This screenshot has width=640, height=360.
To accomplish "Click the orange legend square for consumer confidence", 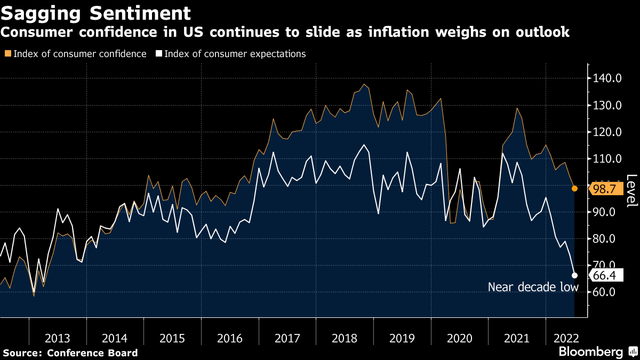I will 7,54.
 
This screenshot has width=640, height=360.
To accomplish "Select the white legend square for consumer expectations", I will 158,54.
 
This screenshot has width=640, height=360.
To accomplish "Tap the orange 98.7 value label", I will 605,189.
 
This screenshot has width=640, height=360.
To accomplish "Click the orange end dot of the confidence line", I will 574,188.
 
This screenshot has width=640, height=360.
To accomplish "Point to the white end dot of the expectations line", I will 574,275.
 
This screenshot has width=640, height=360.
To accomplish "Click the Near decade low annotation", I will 533,287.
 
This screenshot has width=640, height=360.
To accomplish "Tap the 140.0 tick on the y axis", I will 607,79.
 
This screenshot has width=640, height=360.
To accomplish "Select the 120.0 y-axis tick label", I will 607,132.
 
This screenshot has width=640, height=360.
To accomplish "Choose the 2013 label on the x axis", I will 58,338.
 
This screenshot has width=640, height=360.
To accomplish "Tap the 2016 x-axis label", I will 230,338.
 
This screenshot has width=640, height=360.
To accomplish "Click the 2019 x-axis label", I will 402,338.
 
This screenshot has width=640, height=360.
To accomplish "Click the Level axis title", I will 631,191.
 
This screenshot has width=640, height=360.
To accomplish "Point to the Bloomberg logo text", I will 590,352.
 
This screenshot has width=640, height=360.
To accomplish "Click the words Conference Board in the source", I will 92,353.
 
